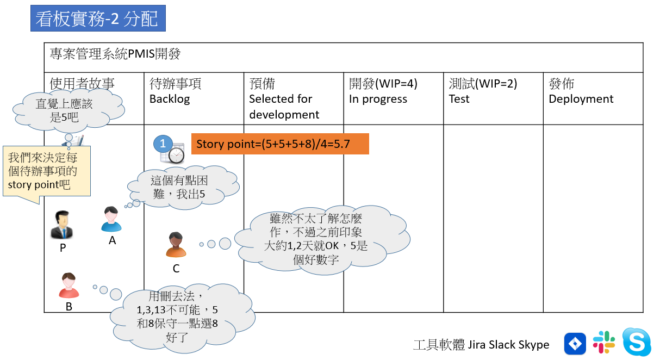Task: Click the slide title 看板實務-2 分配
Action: point(98,20)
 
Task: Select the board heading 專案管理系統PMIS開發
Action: point(115,54)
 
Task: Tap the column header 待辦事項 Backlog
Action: point(175,91)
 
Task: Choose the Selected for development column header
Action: point(284,99)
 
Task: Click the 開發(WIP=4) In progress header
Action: point(383,91)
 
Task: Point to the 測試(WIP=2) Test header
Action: point(483,91)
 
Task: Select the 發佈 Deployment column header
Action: point(581,91)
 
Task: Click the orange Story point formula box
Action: point(280,144)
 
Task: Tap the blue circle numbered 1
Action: point(163,144)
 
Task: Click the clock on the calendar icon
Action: point(176,155)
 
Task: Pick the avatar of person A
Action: point(111,219)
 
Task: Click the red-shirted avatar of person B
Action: point(69,285)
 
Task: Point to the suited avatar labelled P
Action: point(62,225)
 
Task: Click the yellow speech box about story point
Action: point(46,171)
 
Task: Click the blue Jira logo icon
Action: point(575,344)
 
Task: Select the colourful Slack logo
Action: point(604,343)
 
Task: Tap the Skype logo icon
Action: point(636,343)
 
